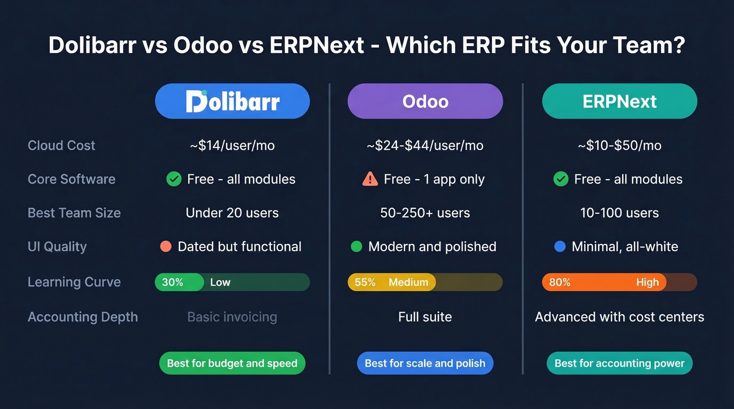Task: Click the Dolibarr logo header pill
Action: [232, 101]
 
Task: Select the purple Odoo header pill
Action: [425, 101]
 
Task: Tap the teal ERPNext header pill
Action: [619, 101]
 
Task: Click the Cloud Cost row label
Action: [61, 146]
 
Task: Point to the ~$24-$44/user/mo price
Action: [425, 146]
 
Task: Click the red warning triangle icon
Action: [370, 179]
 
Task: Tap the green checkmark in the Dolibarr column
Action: [174, 179]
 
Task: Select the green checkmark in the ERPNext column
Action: [561, 179]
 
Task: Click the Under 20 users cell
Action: [232, 213]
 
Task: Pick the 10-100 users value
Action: [619, 213]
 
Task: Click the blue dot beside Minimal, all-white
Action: [560, 246]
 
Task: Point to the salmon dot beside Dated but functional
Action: [166, 246]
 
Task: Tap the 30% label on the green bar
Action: [172, 282]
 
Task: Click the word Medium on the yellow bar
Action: [408, 282]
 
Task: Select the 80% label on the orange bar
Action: [559, 282]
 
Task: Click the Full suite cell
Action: [425, 317]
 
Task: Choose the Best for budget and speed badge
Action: [232, 363]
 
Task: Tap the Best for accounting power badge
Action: [619, 363]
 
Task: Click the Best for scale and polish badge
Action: [425, 363]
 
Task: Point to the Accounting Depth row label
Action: [83, 317]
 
